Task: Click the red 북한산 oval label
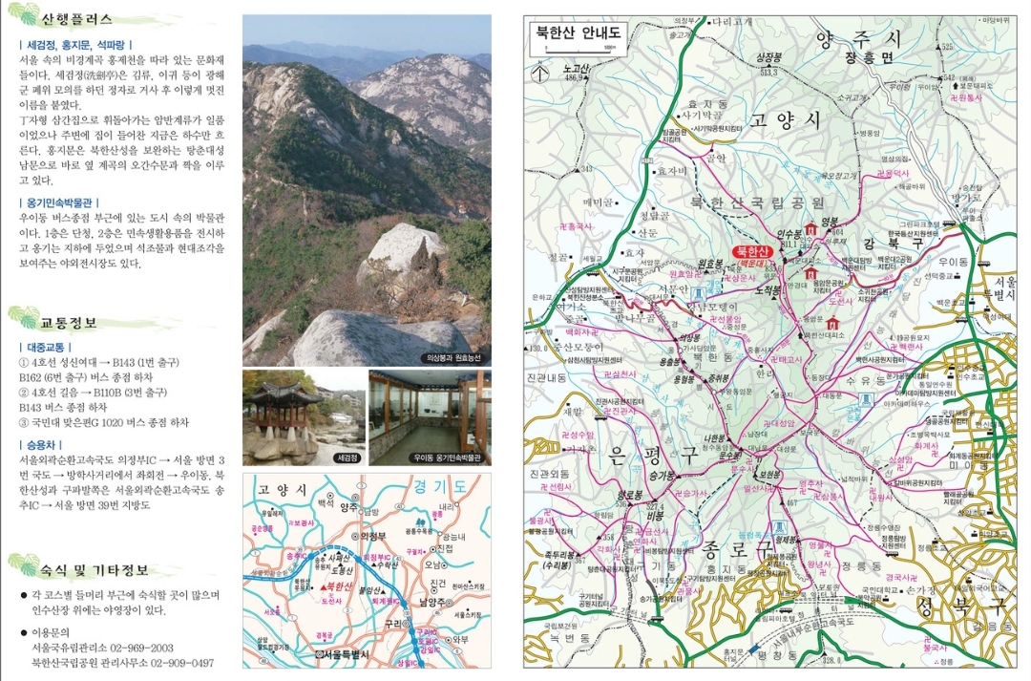pos(754,254)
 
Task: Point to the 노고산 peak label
pos(573,69)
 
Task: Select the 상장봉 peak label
pos(768,57)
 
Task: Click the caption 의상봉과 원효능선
pos(452,358)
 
